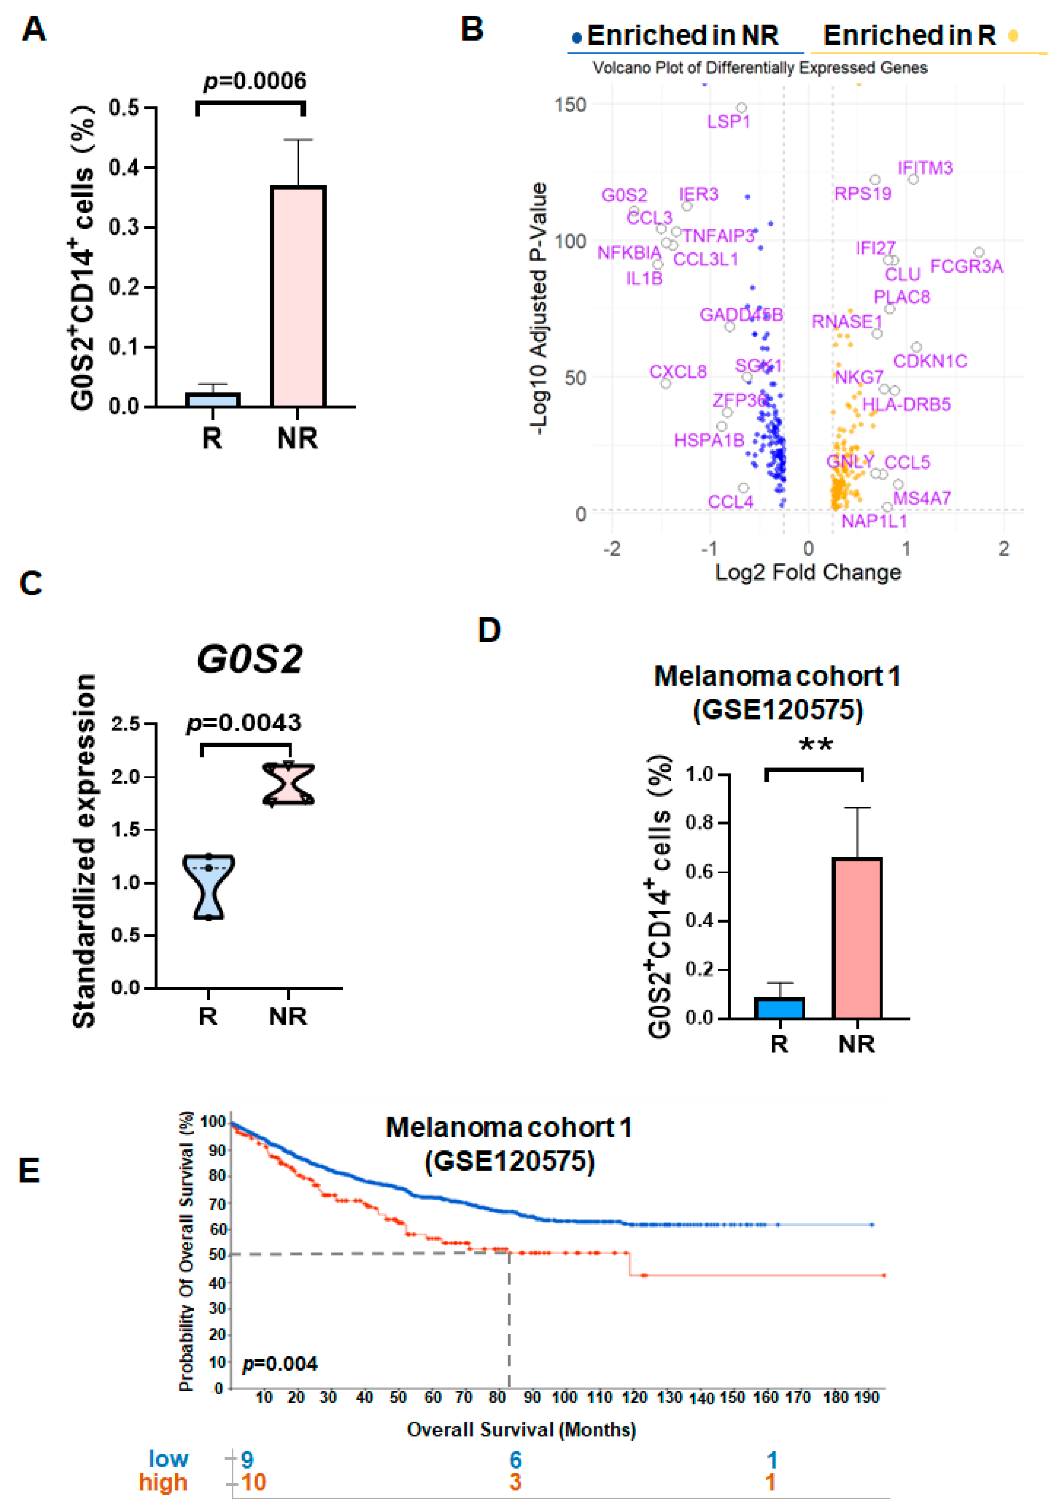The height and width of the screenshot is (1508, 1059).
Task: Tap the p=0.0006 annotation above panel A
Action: (x=255, y=81)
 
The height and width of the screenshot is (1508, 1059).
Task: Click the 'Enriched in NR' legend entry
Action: (x=682, y=36)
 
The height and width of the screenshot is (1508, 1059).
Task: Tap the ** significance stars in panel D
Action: (x=815, y=745)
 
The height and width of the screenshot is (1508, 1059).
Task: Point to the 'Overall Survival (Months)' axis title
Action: (x=521, y=1430)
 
